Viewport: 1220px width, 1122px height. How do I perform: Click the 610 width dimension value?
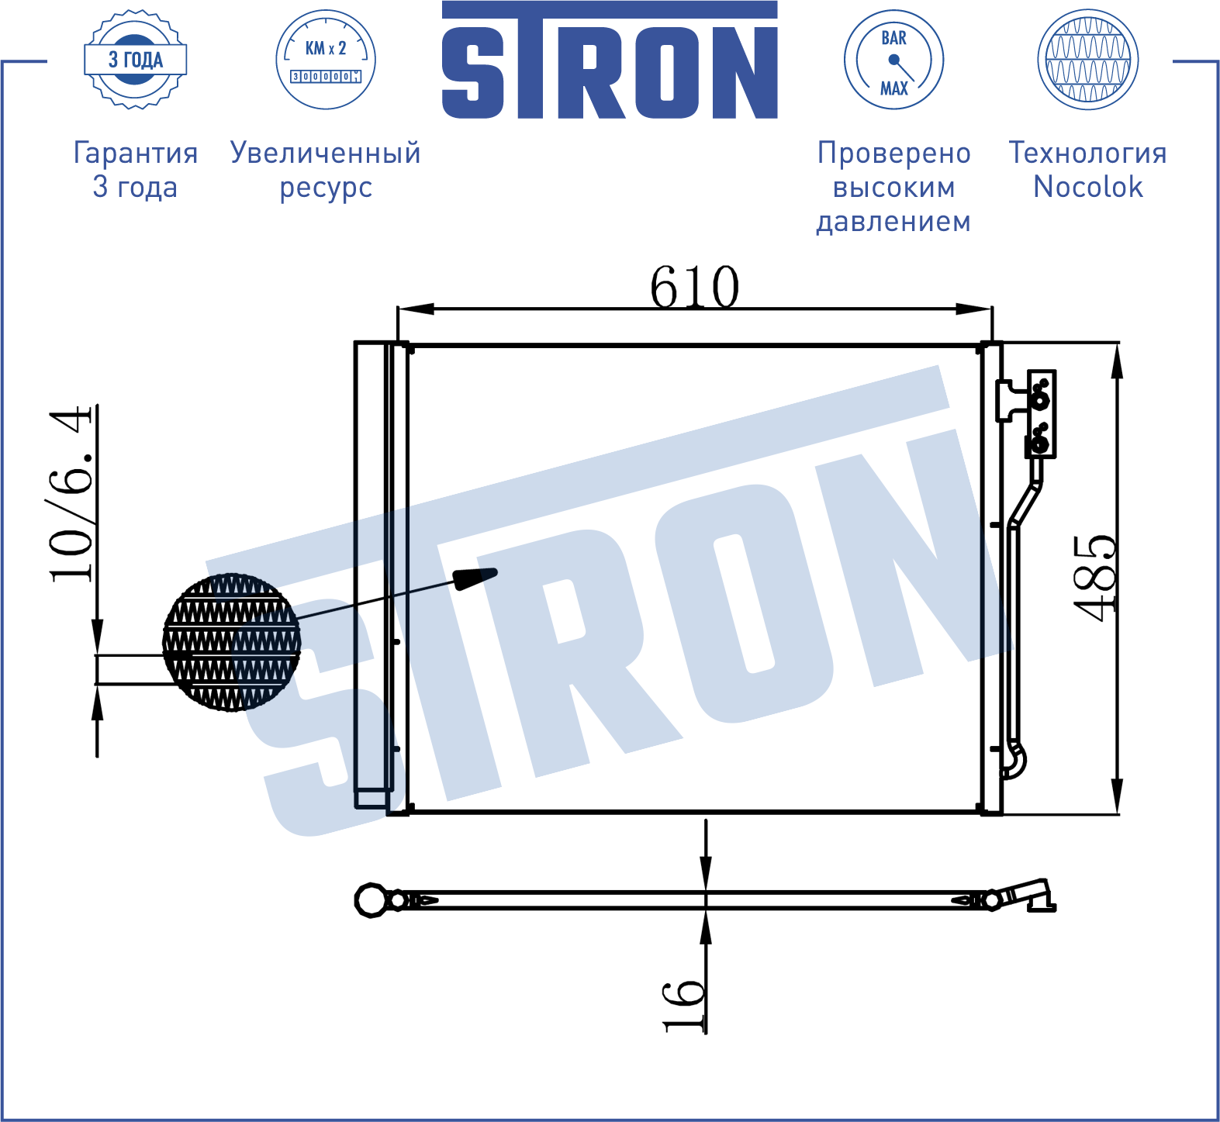[694, 287]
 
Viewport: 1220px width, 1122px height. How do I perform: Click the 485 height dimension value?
[1095, 578]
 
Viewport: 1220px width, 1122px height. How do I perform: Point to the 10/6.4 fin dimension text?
[71, 494]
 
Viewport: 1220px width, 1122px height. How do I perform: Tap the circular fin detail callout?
[231, 642]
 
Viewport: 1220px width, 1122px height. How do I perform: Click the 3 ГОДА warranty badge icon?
[136, 60]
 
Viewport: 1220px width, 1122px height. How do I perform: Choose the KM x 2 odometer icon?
[326, 60]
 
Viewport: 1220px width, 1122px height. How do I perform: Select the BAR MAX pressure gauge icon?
[893, 60]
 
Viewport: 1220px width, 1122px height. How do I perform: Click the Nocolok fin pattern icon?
[1087, 60]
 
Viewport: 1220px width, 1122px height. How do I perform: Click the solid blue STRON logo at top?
[610, 60]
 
